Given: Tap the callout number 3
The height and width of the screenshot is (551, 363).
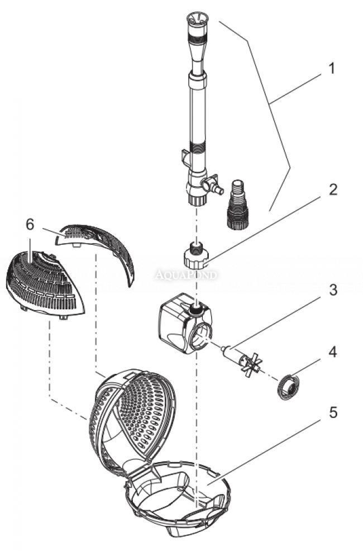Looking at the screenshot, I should pos(333,290).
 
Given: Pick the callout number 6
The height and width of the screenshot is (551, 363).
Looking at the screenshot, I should pos(30,224).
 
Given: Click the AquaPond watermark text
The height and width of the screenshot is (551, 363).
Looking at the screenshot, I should pos(185,275).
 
